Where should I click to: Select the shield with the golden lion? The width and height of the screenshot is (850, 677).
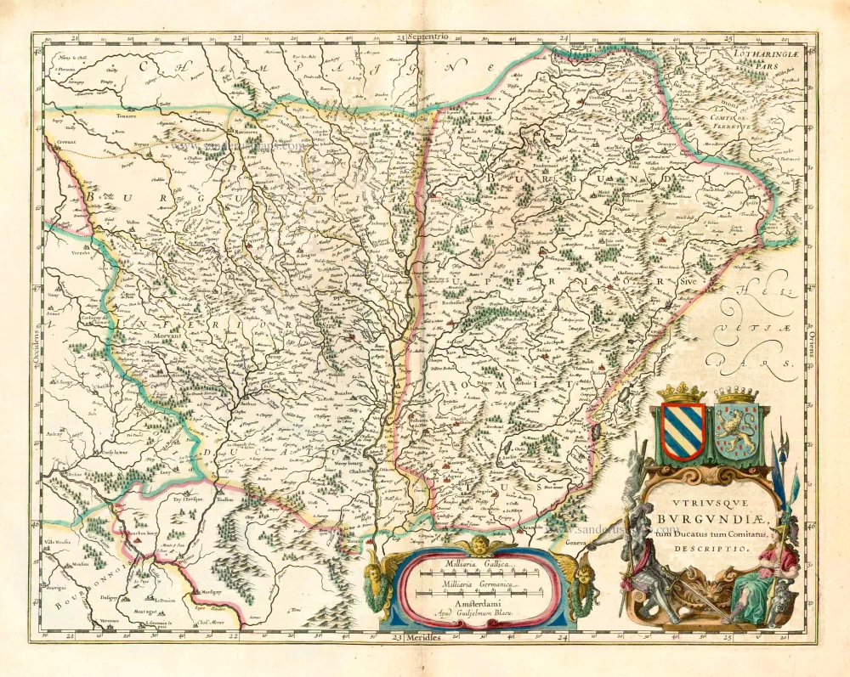pyautogui.click(x=736, y=432)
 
